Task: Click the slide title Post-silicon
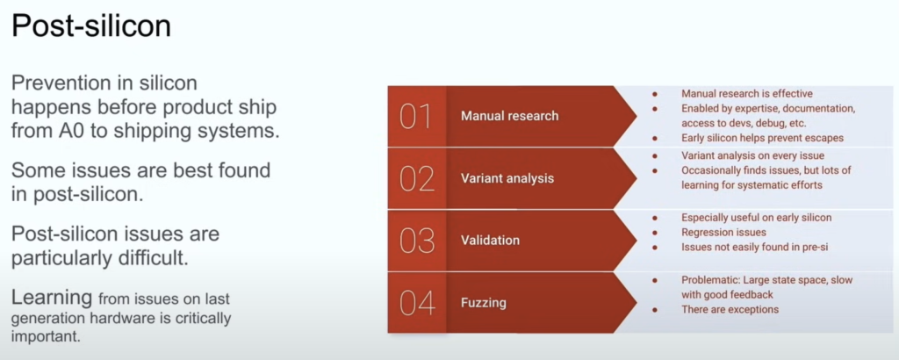point(91,26)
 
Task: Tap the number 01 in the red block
point(415,117)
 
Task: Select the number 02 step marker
point(416,178)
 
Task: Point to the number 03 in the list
point(417,241)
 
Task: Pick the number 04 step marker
point(417,302)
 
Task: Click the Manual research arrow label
point(510,116)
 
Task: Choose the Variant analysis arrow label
point(507,178)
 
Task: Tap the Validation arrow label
point(490,241)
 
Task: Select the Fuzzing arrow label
point(484,302)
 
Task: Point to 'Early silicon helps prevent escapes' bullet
point(763,138)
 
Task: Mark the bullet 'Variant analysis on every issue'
point(752,155)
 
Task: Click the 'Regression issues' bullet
point(723,232)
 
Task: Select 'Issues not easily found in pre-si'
point(755,247)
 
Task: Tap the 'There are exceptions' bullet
point(730,310)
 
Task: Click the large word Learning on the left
point(52,298)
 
